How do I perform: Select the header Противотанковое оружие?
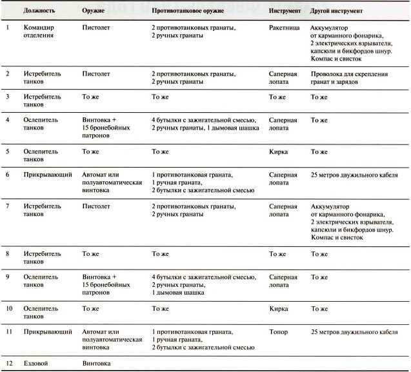[x=191, y=12]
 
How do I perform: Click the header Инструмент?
[x=285, y=12]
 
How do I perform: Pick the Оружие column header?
[x=94, y=12]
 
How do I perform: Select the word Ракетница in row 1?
[x=284, y=28]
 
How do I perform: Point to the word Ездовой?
[x=37, y=364]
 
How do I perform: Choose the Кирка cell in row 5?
[x=279, y=152]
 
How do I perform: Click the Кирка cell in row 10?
[x=279, y=309]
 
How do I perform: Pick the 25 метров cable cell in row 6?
[x=352, y=175]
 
